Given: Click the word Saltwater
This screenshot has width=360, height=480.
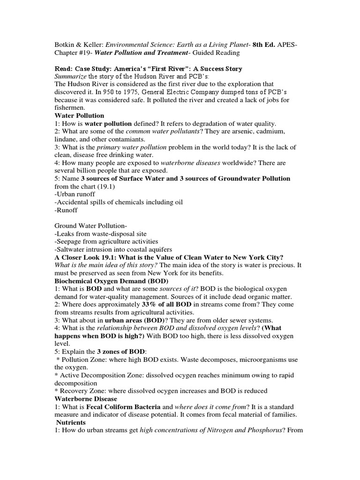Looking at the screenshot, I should tap(71, 249).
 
